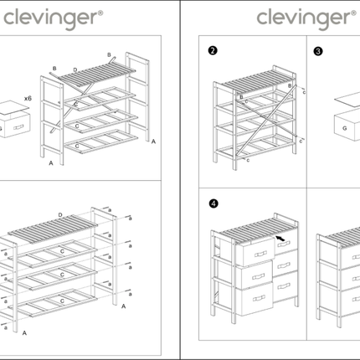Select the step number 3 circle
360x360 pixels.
click(317, 51)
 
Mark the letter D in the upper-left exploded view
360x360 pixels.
click(75, 69)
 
